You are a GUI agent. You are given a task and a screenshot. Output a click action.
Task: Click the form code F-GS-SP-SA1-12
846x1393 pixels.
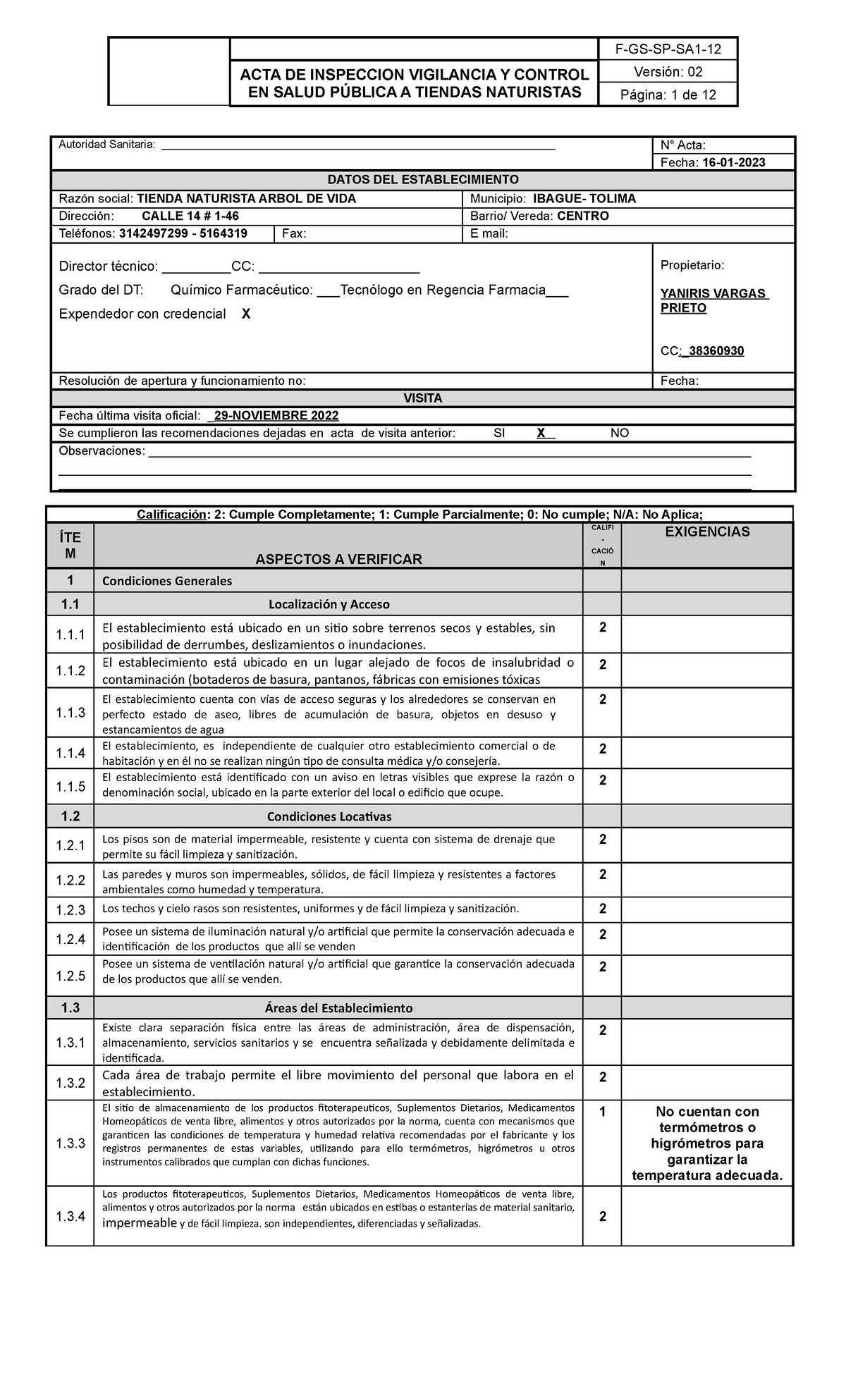pos(666,49)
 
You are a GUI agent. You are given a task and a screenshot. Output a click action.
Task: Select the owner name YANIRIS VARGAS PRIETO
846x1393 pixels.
pos(713,301)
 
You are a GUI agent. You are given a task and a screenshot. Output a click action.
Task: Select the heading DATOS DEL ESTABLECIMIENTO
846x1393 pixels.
pos(423,180)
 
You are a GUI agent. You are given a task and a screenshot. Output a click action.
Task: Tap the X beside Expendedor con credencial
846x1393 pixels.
pos(245,314)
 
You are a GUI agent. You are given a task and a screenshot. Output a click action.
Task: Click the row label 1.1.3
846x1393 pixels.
pos(70,713)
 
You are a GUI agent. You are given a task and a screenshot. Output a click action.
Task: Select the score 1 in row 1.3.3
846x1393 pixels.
pos(602,1112)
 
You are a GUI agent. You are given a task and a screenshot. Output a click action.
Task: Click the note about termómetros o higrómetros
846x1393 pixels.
pos(707,1143)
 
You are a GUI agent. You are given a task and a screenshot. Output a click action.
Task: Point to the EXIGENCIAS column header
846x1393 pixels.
pos(707,532)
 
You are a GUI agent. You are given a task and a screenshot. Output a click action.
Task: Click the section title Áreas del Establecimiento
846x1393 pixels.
pos(338,1008)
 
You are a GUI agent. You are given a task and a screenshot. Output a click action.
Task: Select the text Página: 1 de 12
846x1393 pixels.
pos(666,95)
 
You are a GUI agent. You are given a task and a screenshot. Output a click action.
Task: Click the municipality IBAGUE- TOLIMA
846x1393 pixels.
pos(584,199)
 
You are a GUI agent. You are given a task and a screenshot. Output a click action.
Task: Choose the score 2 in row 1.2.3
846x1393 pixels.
pos(602,908)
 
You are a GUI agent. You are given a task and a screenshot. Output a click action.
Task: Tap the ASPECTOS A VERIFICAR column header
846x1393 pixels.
pos(338,559)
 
